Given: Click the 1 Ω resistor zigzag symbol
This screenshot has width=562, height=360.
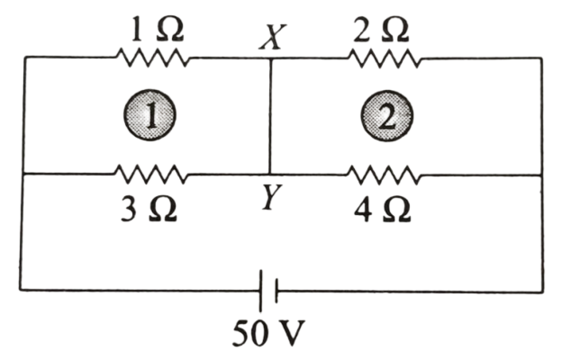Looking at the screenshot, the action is pos(152,58).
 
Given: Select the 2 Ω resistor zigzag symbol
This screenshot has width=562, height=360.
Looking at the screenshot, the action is pos(385,58).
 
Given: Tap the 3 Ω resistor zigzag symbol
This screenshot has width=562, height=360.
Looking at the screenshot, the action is pos(150,174).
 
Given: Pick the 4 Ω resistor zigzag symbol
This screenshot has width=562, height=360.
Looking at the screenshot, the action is pos(384,175).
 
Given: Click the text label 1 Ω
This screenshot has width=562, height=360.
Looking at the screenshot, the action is pos(157,30).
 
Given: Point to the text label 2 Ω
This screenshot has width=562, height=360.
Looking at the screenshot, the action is pos(381,30).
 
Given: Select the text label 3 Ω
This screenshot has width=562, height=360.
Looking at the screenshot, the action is pos(150,210).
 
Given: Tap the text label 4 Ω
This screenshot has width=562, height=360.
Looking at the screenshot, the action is pos(383,211).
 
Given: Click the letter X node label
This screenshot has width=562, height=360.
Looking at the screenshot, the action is pos(273,37).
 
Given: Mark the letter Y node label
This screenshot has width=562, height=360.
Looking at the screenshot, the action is pos(272,197).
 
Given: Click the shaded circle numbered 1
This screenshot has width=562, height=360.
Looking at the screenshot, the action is pos(150,115).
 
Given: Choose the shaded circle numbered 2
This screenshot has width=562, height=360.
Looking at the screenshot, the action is pos(386,115).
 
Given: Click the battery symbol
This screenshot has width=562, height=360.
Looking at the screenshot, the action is pos(268,290).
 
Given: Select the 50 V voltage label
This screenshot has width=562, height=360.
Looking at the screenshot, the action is pos(268,333).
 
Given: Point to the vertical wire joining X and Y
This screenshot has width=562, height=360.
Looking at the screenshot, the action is pos(270,116).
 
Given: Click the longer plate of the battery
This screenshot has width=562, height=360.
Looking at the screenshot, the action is pos(261,290).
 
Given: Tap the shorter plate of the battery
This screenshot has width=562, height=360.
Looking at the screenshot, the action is pos(276,291).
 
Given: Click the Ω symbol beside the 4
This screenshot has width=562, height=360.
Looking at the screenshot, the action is pos(396,211).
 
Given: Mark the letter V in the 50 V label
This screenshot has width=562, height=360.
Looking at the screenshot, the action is pos(290,333).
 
